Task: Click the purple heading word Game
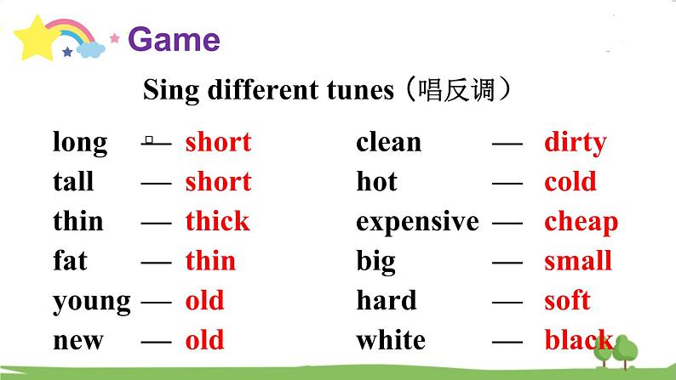[174, 39]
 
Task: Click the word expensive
[417, 222]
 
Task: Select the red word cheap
[581, 222]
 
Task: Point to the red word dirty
[575, 142]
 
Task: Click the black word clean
[388, 142]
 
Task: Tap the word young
[92, 302]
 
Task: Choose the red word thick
[217, 222]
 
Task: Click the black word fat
[70, 261]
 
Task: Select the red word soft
[567, 300]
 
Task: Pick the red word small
[578, 261]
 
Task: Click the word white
[391, 340]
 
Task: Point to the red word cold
[570, 182]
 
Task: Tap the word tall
[73, 182]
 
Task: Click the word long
[80, 143]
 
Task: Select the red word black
[578, 340]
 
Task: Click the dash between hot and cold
[507, 182]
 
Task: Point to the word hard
[387, 300]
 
